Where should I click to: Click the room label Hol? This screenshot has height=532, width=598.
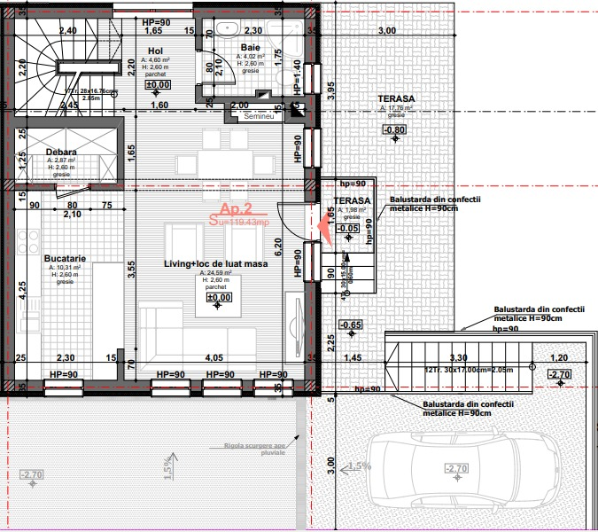click(x=155, y=51)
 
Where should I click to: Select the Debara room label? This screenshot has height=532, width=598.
click(x=61, y=152)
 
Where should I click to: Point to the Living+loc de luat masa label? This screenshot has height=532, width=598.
click(x=216, y=263)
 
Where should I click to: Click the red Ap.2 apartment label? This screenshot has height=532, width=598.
click(x=237, y=210)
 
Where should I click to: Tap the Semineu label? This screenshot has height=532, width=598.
click(x=260, y=116)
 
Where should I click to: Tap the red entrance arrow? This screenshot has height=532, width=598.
click(x=324, y=228)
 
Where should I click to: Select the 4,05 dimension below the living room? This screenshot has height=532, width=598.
click(x=214, y=357)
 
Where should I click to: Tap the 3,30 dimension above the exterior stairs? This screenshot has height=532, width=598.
click(x=459, y=357)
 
